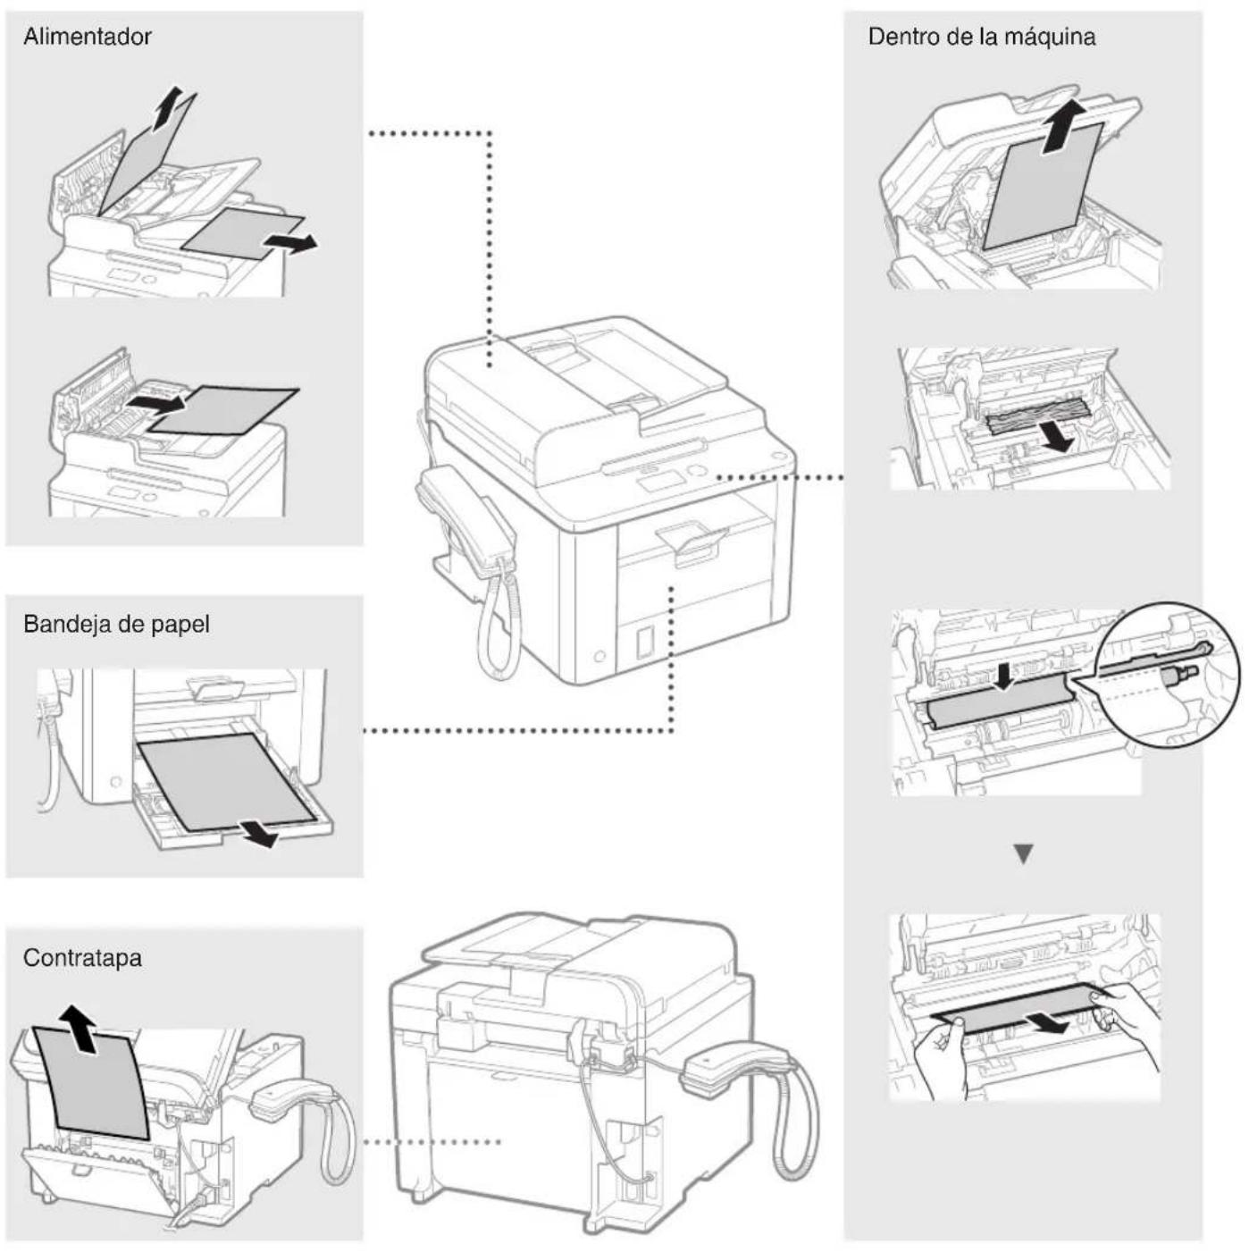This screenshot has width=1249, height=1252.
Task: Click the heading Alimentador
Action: (x=87, y=37)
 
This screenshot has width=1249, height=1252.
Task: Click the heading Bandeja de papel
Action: (x=116, y=624)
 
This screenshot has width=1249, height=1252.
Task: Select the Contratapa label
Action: (x=82, y=958)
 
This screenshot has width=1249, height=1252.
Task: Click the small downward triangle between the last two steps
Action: (x=1024, y=854)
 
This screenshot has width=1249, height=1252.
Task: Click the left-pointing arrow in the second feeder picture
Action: (x=155, y=404)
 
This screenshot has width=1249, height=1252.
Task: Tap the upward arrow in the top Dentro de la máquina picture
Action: (x=1062, y=125)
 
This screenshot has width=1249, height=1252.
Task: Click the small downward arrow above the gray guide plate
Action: (x=1005, y=676)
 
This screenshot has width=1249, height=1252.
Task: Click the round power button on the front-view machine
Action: (x=599, y=657)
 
